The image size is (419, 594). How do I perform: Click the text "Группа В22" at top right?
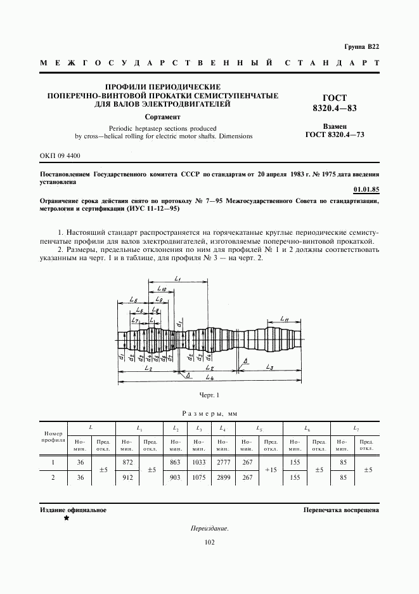[x=361, y=48]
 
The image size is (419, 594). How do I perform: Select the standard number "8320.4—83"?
[x=335, y=109]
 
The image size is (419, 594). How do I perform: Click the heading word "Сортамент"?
[x=163, y=117]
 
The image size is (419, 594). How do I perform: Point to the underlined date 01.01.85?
[x=366, y=190]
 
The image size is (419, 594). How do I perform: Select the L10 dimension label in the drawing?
[x=162, y=288]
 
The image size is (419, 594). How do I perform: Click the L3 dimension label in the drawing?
[x=269, y=367]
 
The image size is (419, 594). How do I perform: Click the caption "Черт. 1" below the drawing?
[x=209, y=395]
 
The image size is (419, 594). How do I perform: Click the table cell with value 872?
[x=127, y=463]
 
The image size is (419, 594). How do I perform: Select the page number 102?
[x=209, y=542]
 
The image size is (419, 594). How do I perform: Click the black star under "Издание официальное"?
[x=66, y=518]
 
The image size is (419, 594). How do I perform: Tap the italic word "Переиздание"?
[x=209, y=528]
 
